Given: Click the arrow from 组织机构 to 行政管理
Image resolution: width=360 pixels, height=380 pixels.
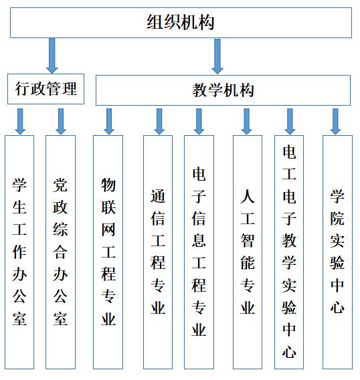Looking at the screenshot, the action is pos(52,56).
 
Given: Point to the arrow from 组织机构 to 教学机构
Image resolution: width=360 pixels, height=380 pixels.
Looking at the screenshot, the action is pos(217,56).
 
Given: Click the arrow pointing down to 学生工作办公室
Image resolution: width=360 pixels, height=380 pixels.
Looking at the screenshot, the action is pos(20,121).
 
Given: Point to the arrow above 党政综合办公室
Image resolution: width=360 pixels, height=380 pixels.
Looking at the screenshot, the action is pos(61,121).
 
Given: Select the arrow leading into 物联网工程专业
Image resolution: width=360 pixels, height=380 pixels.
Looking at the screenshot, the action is pos(109,121).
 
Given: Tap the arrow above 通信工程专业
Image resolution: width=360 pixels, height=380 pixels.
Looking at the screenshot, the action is pos(159,121).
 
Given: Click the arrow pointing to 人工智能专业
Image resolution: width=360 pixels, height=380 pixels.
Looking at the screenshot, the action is pos(246,121).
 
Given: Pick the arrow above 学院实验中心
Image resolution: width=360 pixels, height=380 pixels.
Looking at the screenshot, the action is pos(335,121).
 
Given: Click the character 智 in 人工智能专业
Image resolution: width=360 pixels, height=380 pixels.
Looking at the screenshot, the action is pos(248,241).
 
